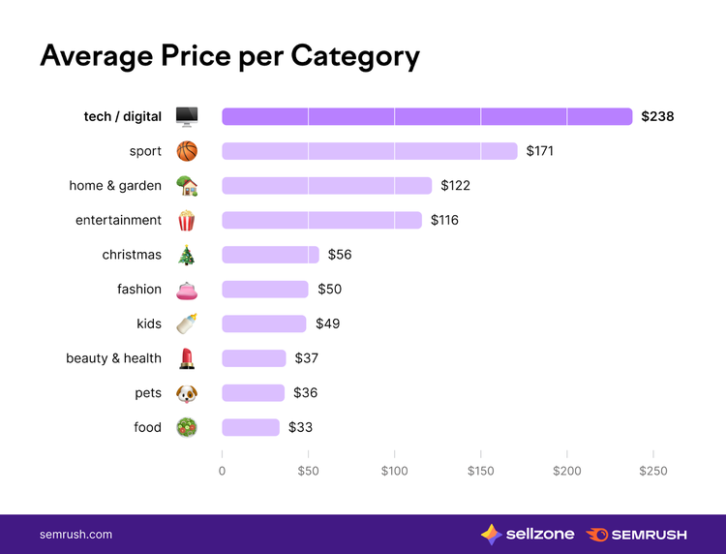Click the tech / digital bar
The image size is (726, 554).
coord(427,116)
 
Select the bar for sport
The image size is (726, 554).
coord(370,151)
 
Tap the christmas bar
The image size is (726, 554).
coord(270,255)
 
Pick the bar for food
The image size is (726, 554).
coord(251,427)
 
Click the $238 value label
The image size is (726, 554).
coord(657,116)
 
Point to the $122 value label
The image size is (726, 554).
coord(455,186)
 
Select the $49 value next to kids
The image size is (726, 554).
coord(328,323)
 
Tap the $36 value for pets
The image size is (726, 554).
coord(306,393)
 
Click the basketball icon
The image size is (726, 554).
coord(187,151)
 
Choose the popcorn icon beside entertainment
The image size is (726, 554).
coord(187,221)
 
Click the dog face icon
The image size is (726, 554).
coord(187,394)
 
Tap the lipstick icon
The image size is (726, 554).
coord(187,358)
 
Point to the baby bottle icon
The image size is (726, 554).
coord(187,323)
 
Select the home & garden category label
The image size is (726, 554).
coord(115,186)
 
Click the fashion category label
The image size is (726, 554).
coord(139,289)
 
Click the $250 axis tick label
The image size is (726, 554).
coord(652,471)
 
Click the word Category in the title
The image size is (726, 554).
coord(355,57)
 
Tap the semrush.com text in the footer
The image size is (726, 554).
coord(76,535)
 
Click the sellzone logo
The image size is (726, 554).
coord(528,535)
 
